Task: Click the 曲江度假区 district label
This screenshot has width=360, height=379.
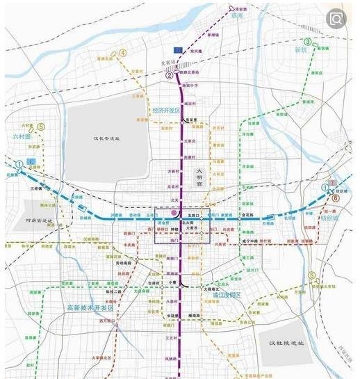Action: tap(223, 296)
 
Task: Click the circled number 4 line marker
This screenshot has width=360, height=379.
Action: tap(123, 53)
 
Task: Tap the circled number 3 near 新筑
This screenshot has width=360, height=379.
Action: tap(308, 42)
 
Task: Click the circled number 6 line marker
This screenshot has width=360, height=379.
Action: tap(336, 197)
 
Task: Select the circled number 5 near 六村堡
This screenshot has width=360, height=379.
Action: tap(41, 127)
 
